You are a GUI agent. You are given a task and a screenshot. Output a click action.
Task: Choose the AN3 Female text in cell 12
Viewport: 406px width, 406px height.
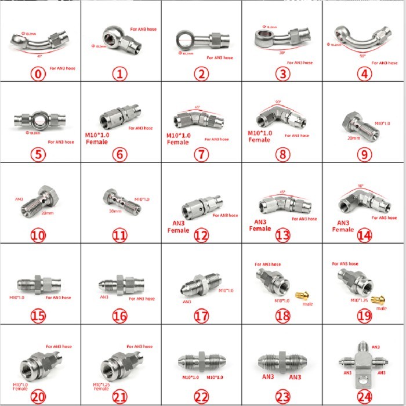pyautogui.click(x=179, y=226)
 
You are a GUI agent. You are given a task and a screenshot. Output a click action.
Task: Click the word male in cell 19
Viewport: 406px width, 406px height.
pyautogui.click(x=381, y=309)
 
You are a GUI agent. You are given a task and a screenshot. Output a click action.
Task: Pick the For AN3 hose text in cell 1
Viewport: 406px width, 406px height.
pyautogui.click(x=143, y=28)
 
